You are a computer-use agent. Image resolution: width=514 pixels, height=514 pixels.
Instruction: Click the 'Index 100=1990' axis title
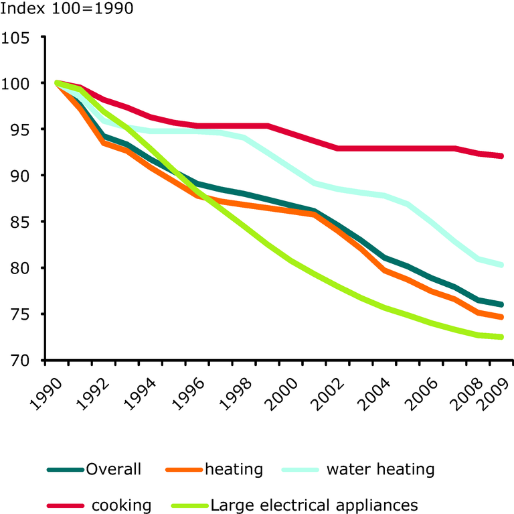(x=66, y=9)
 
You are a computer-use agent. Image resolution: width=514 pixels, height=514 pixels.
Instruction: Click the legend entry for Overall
(x=113, y=469)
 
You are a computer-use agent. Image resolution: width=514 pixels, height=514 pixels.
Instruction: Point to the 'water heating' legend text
(x=380, y=469)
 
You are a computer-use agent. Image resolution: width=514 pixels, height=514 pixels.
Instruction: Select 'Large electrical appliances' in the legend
(x=315, y=505)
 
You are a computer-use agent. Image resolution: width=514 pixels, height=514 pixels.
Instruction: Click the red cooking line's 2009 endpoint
(x=501, y=156)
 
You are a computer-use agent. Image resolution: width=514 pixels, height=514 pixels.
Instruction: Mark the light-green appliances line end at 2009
(x=501, y=337)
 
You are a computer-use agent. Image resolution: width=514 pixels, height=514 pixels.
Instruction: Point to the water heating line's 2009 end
(x=501, y=265)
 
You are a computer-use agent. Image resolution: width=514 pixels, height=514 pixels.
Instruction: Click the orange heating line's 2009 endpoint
(x=501, y=317)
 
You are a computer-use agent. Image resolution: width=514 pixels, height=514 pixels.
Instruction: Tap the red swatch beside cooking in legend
(x=66, y=505)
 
